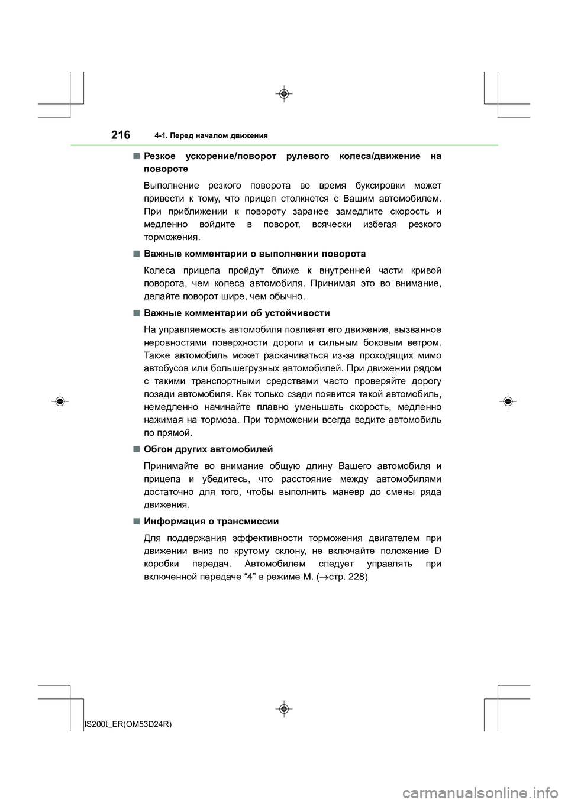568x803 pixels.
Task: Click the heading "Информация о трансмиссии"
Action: [211, 522]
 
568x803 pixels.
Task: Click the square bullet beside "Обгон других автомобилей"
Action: [136, 449]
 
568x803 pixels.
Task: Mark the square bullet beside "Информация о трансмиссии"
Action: [136, 522]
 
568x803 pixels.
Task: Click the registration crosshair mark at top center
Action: [284, 94]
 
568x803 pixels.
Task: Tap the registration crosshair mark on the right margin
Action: [508, 401]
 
